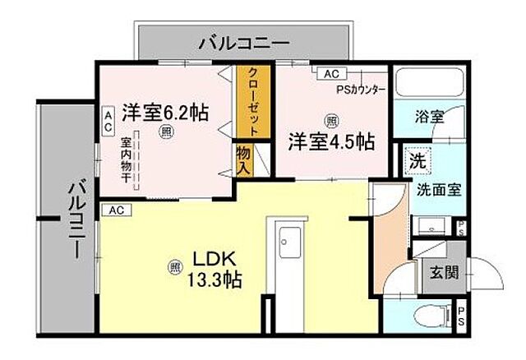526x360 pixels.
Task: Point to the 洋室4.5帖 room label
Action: point(331,141)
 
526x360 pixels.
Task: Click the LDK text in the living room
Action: point(210,256)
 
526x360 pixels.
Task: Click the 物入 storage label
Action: point(244,159)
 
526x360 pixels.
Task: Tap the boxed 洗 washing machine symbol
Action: point(418,161)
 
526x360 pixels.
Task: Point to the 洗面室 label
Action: point(439,188)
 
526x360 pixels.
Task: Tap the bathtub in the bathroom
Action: point(430,84)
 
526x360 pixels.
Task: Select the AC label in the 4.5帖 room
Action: point(331,74)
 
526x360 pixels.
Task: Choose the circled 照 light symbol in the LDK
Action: point(174,266)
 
